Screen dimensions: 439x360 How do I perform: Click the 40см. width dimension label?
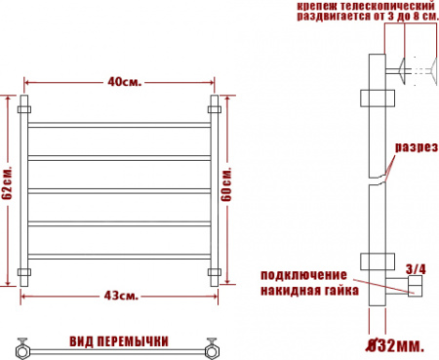click(x=125, y=81)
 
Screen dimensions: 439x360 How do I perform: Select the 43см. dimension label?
click(x=121, y=296)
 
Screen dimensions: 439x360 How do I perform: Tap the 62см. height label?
click(x=7, y=183)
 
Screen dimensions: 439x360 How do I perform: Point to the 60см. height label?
click(x=226, y=184)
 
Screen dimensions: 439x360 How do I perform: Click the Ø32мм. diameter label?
click(x=395, y=345)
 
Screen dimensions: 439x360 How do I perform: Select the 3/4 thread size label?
click(x=416, y=269)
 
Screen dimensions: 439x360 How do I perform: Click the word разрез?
click(x=417, y=147)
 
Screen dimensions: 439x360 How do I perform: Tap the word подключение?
click(x=303, y=275)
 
